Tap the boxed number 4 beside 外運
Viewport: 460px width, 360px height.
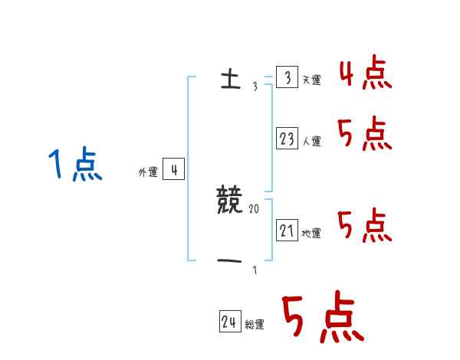(x=173, y=170)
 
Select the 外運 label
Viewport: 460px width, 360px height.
(x=147, y=172)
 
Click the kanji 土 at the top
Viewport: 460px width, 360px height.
(x=229, y=80)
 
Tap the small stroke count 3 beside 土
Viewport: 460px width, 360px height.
(x=255, y=87)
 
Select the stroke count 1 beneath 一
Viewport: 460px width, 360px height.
(x=254, y=270)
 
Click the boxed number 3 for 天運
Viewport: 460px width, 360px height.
(x=286, y=77)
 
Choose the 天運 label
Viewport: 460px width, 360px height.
(x=311, y=80)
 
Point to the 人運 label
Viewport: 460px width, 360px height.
(x=311, y=141)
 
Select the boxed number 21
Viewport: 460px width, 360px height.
(x=287, y=230)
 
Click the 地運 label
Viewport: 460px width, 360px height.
(x=311, y=233)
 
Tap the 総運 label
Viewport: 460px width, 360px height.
(x=254, y=325)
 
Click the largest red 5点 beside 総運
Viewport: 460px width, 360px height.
(x=321, y=319)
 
